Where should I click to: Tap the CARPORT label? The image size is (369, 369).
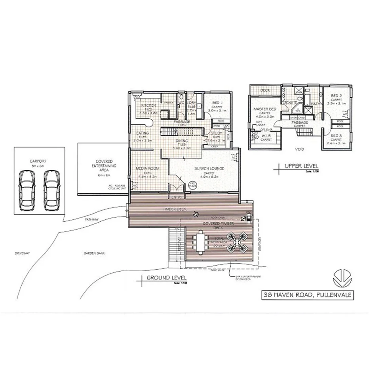pyautogui.click(x=39, y=161)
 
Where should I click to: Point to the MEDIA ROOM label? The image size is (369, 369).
pyautogui.click(x=147, y=168)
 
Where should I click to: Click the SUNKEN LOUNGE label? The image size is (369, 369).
pyautogui.click(x=209, y=169)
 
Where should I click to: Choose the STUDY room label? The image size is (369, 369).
pyautogui.click(x=216, y=133)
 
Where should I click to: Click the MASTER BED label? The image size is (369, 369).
pyautogui.click(x=265, y=109)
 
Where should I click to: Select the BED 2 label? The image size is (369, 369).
pyautogui.click(x=336, y=95)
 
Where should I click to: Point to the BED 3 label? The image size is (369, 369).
pyautogui.click(x=336, y=135)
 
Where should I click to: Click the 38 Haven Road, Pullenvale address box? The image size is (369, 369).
pyautogui.click(x=307, y=295)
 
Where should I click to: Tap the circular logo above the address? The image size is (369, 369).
pyautogui.click(x=341, y=278)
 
